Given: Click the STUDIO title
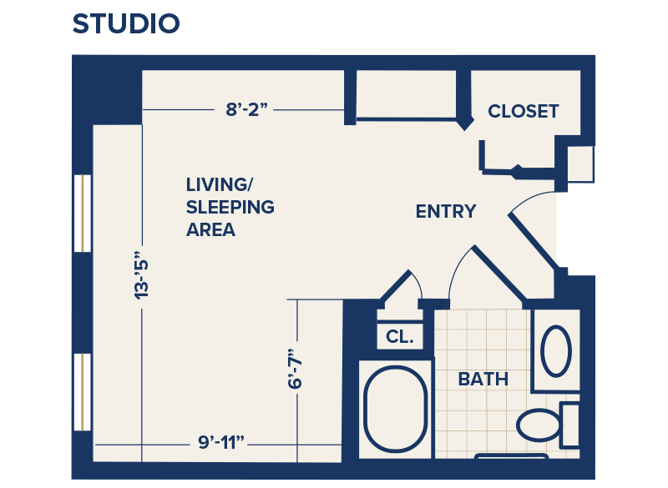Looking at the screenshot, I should (x=126, y=23).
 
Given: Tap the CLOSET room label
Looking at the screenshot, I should (x=524, y=111).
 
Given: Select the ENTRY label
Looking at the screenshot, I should (x=446, y=212).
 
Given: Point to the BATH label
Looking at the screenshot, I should (x=483, y=379).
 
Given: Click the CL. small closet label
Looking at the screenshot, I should (x=400, y=337).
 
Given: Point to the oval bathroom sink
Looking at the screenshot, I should (x=556, y=351).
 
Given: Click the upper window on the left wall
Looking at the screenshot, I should (x=82, y=214).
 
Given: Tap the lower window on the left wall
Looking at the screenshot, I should (x=82, y=392).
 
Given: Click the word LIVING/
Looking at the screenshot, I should (x=218, y=184).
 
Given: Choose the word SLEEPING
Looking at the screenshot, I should (x=230, y=207).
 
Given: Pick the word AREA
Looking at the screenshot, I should (x=210, y=229).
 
